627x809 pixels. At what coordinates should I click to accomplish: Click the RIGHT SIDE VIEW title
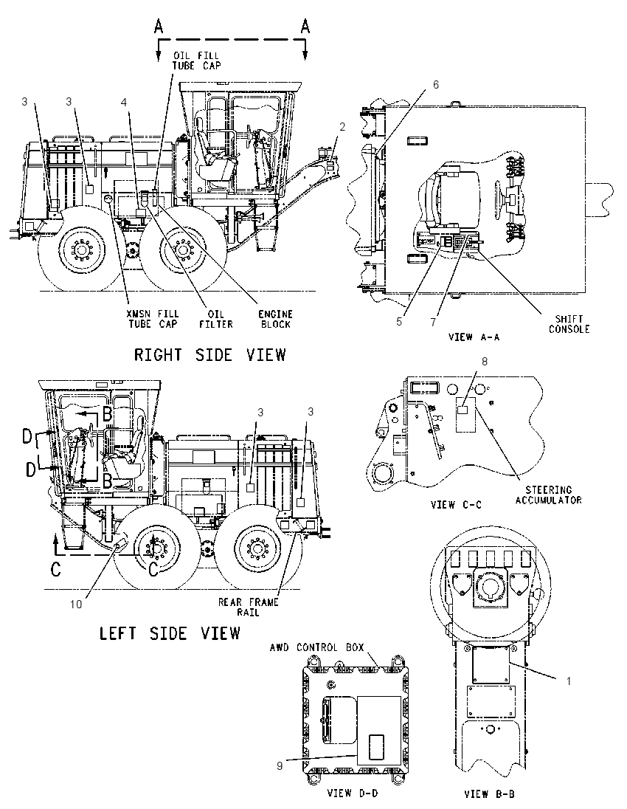(x=209, y=355)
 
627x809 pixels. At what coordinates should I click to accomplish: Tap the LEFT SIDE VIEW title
(x=170, y=633)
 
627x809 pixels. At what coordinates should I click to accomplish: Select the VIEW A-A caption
(x=474, y=337)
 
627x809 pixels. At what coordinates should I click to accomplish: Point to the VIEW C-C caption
(x=456, y=505)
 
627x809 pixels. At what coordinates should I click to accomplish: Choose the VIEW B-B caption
(x=489, y=794)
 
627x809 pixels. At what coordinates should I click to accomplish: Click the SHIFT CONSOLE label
(x=569, y=324)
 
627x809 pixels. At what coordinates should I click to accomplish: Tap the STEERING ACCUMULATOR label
(x=549, y=495)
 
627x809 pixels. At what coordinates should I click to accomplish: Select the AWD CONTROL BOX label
(x=316, y=647)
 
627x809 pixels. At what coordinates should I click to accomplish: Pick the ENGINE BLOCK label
(x=276, y=319)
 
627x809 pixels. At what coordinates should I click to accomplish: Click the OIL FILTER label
(x=217, y=319)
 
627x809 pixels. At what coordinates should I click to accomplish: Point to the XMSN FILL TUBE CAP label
(x=153, y=319)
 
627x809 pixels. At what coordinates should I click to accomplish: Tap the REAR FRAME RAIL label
(x=248, y=607)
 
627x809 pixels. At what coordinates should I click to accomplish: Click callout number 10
(x=76, y=605)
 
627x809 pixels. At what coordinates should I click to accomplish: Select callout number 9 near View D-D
(x=280, y=766)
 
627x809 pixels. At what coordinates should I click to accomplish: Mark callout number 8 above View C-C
(x=484, y=362)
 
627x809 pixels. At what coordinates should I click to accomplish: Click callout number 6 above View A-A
(x=436, y=84)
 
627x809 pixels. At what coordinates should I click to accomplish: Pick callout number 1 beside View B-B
(x=569, y=681)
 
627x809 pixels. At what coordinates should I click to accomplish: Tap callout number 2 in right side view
(x=342, y=126)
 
